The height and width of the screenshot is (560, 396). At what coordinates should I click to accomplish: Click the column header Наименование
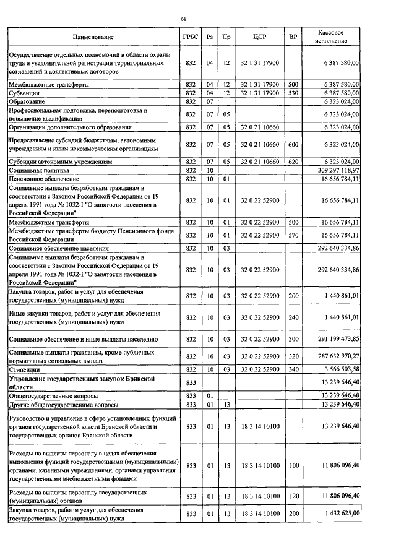point(93,37)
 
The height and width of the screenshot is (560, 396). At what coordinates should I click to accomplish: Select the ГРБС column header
point(191,37)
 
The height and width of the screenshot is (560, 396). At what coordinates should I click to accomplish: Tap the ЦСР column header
point(260,37)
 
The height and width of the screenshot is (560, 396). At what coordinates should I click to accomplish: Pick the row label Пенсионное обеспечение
point(39,178)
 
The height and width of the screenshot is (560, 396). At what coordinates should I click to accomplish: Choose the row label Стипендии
point(23,369)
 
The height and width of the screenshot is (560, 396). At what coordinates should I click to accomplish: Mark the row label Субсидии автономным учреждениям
point(60,160)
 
